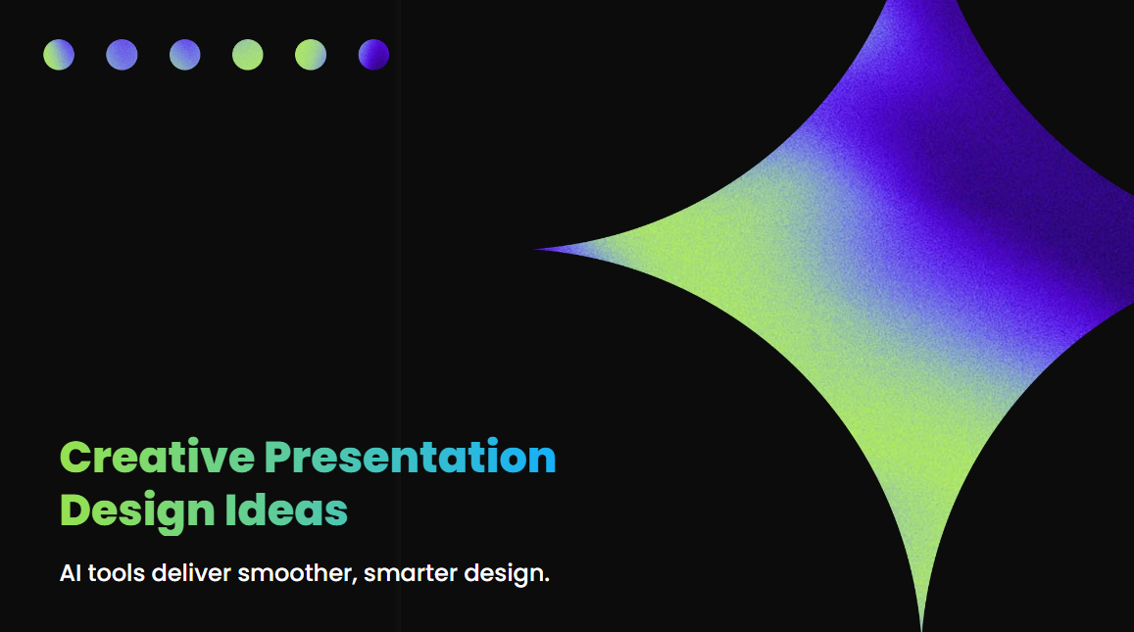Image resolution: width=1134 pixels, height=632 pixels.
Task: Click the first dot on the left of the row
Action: [x=59, y=55]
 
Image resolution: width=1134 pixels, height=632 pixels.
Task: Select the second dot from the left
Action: [x=122, y=55]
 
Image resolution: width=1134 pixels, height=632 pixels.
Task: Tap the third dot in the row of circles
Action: [x=184, y=55]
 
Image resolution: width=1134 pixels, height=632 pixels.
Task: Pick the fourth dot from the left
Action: [x=248, y=55]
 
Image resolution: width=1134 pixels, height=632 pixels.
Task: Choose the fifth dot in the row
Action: [x=311, y=55]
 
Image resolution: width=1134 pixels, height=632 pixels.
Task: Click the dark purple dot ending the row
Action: [x=373, y=55]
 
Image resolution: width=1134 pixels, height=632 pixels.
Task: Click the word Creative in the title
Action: [x=157, y=457]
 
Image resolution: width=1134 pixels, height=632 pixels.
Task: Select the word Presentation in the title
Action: [x=410, y=457]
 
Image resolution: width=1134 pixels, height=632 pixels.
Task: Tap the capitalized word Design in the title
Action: [x=137, y=510]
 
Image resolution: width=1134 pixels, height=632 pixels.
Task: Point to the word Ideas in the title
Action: [x=286, y=510]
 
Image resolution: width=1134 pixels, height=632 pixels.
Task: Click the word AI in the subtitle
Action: [x=71, y=573]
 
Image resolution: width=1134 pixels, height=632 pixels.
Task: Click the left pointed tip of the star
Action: [x=539, y=249]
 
